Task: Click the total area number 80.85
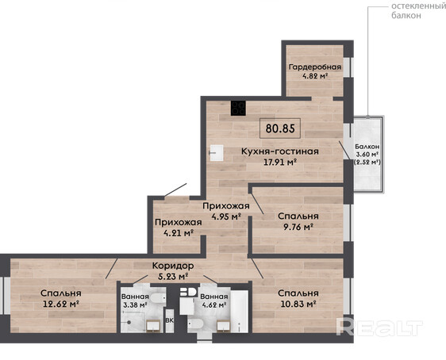point(280,128)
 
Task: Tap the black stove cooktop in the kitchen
point(238,109)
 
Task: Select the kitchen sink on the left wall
point(217,153)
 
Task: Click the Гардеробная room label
point(315,67)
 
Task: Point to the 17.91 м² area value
point(280,163)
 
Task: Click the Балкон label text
point(367,147)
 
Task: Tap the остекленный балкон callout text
point(418,11)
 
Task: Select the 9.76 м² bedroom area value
point(298,227)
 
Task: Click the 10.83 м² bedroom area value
point(298,304)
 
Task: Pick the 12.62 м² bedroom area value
point(61,304)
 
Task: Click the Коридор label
point(173,266)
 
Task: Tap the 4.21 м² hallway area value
point(179,233)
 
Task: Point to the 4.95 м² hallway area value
point(226,216)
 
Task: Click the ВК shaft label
point(170,320)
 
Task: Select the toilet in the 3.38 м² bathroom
point(158,299)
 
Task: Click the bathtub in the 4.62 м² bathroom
point(239,311)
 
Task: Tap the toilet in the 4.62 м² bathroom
point(195,324)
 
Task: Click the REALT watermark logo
point(379,327)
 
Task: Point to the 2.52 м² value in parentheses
point(367,163)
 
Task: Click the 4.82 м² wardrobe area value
point(315,76)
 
